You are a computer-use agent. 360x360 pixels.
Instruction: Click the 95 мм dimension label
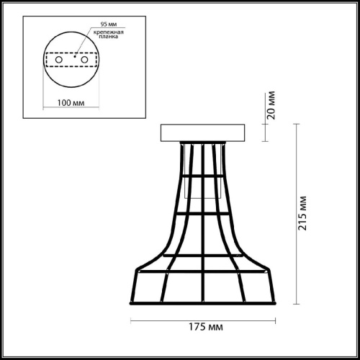click(109, 24)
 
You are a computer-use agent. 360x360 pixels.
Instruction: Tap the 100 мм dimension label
click(71, 103)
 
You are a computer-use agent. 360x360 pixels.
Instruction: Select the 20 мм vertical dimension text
click(271, 105)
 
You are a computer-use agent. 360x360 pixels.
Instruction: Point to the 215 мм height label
click(302, 213)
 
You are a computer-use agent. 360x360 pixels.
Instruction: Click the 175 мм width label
click(206, 327)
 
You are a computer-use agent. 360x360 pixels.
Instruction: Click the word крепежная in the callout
click(109, 32)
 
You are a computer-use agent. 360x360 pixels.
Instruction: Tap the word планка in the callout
click(109, 37)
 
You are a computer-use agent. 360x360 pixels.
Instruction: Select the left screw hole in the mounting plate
click(59, 60)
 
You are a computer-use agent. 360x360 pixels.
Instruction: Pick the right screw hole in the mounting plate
click(84, 60)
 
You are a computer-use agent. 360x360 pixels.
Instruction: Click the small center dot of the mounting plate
click(75, 57)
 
